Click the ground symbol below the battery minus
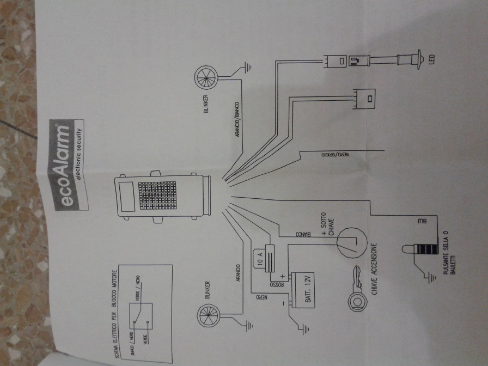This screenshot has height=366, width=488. [301, 329]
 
